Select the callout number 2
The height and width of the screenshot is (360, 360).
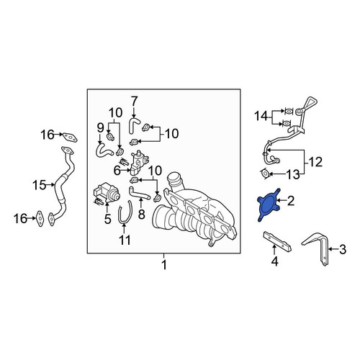(x=291, y=201)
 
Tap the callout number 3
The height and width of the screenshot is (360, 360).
(x=343, y=249)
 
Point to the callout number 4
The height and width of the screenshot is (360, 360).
(x=274, y=261)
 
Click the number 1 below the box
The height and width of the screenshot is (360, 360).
(x=164, y=265)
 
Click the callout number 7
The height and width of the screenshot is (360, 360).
(x=134, y=102)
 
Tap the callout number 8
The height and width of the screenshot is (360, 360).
(x=142, y=214)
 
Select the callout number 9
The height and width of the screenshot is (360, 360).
(x=100, y=129)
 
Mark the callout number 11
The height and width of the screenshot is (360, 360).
(x=125, y=240)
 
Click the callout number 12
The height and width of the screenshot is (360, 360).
(x=315, y=162)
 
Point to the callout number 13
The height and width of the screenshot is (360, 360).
(x=293, y=174)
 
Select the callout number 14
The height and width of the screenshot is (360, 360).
(x=261, y=117)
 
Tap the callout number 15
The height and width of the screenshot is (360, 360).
(x=39, y=185)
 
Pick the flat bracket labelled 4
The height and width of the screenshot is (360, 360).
(x=277, y=242)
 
